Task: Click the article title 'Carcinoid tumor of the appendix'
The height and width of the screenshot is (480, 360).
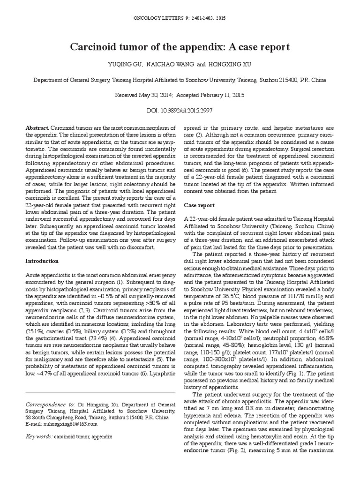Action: pos(180,47)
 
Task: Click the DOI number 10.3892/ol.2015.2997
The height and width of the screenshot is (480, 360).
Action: pos(187,111)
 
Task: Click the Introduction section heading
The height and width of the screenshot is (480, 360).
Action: pos(42,261)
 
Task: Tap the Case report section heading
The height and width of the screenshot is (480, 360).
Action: pos(199,205)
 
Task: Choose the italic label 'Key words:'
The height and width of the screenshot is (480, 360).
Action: pos(39,436)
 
